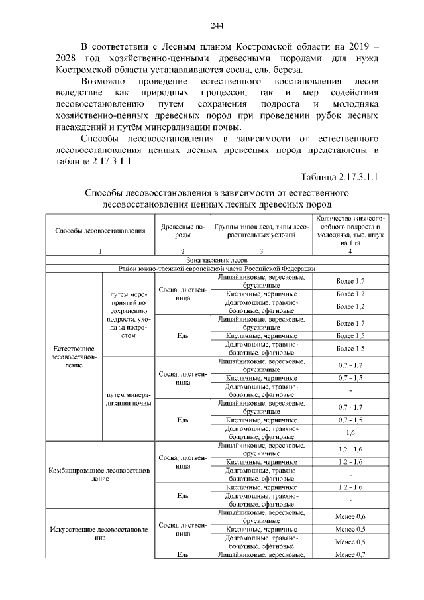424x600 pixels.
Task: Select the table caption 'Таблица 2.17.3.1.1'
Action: click(339, 177)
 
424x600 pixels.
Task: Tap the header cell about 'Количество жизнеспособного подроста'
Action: click(350, 231)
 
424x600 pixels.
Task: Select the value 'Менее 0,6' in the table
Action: click(350, 517)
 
